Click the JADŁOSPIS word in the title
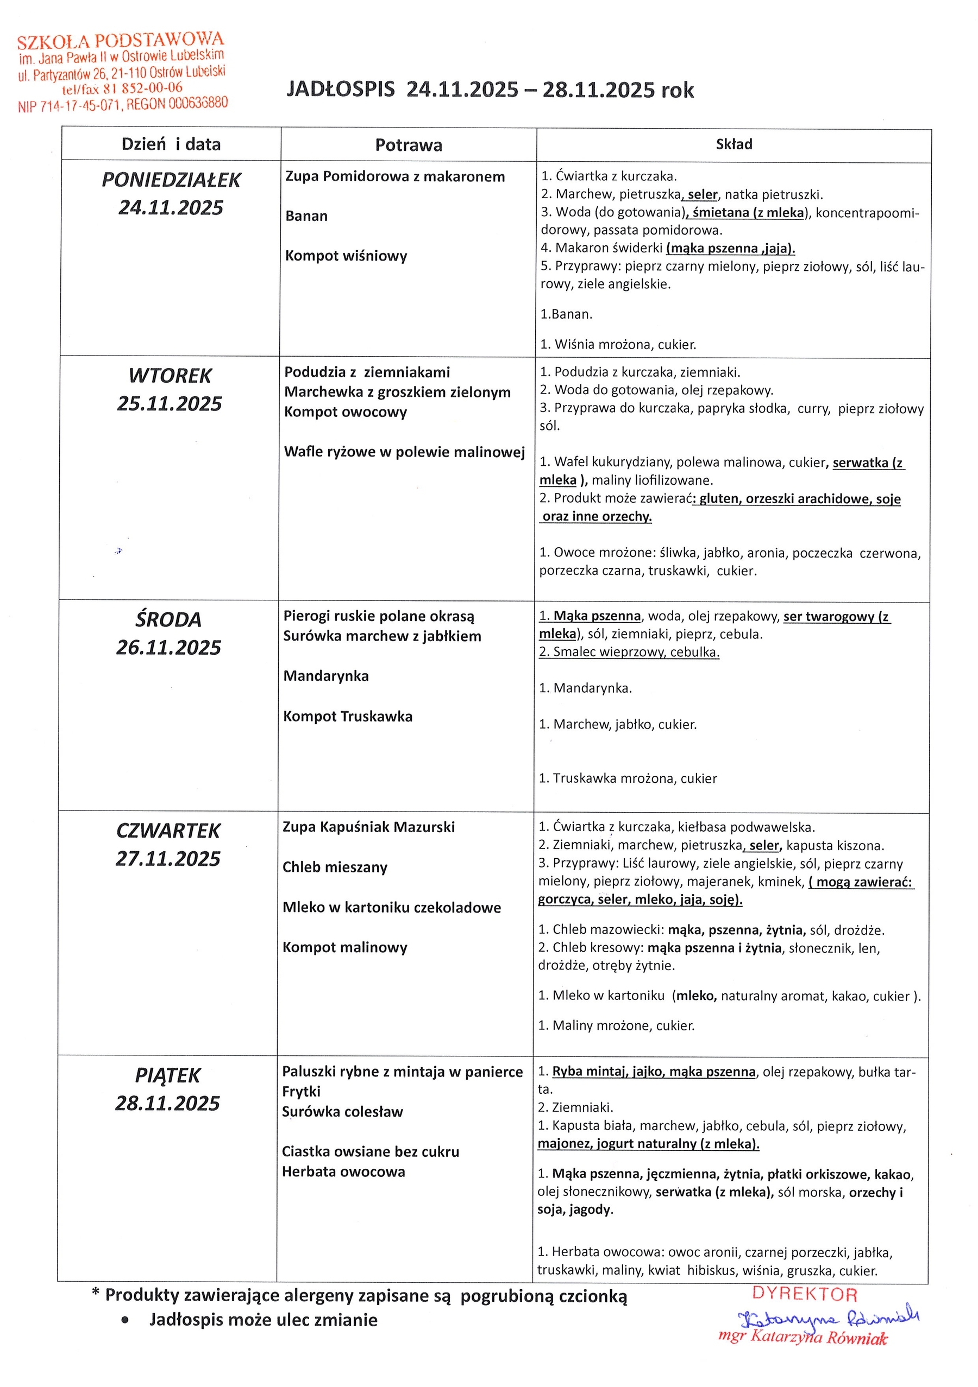[x=340, y=90]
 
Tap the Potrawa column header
[x=409, y=145]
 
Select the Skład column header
[x=734, y=144]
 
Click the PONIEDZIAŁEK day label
[x=171, y=180]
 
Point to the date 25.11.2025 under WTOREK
[x=169, y=403]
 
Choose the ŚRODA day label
[x=168, y=619]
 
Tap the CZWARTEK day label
[x=168, y=831]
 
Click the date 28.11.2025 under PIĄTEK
[x=167, y=1103]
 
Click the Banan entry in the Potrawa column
[x=306, y=216]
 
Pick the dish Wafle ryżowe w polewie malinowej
[x=404, y=452]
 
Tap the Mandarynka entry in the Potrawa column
[x=326, y=676]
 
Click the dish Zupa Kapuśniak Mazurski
[x=369, y=827]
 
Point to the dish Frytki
[x=301, y=1092]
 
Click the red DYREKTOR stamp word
[x=805, y=1294]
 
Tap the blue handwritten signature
[x=827, y=1318]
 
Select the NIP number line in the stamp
[x=123, y=105]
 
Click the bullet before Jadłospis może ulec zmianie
[x=125, y=1321]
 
